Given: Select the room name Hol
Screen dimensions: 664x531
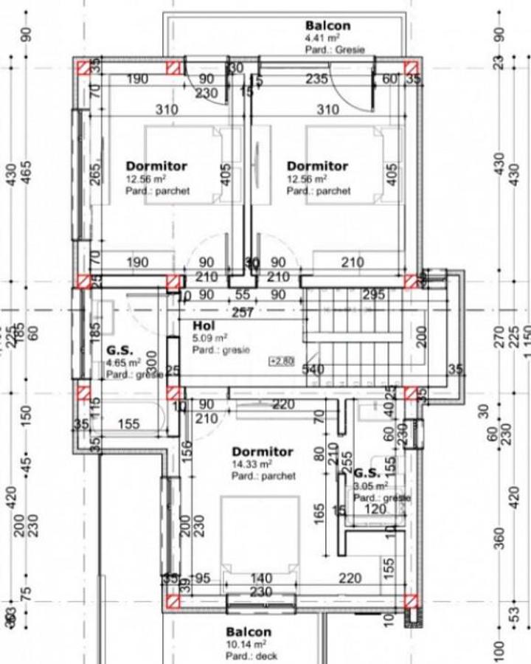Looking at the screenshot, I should [x=204, y=326].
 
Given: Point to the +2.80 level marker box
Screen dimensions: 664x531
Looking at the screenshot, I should [x=282, y=361].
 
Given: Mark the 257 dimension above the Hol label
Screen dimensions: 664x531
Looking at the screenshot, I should [x=243, y=313].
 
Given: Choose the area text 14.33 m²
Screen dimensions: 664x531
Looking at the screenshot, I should [x=251, y=464].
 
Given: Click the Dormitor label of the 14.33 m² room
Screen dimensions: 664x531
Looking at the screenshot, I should [x=262, y=452].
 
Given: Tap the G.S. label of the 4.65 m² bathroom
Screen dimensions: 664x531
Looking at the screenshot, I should [x=119, y=350].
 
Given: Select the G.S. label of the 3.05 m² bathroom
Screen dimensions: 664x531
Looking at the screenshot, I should [x=367, y=473].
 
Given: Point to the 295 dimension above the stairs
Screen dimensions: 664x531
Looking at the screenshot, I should [x=374, y=295].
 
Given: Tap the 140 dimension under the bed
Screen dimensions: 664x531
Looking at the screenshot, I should [x=260, y=578].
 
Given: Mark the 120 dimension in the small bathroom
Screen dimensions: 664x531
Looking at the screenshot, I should [x=375, y=510].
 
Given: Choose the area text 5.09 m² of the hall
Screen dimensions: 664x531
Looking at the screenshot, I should [x=207, y=339].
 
